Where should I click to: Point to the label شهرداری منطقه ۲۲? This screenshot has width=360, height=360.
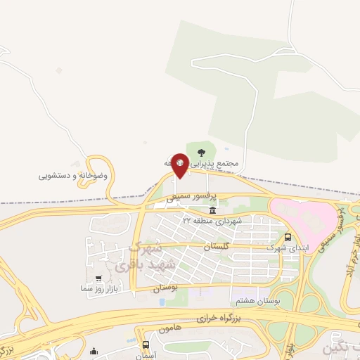212,221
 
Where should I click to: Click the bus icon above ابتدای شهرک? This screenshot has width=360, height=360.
288,237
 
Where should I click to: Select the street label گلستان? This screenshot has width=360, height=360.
217,247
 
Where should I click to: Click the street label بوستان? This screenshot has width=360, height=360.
164,288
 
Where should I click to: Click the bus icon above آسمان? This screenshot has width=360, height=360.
146,345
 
